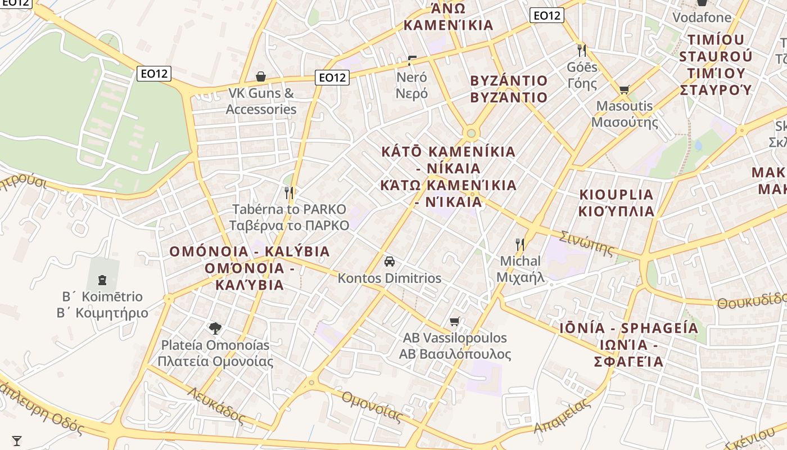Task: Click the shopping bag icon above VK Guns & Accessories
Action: click(261, 76)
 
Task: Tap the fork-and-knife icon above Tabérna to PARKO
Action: click(289, 193)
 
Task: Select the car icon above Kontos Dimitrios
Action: click(390, 262)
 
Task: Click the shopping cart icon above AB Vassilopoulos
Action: click(455, 322)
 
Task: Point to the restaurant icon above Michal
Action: click(520, 245)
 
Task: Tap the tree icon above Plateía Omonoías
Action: click(215, 328)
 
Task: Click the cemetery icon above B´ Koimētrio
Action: click(102, 280)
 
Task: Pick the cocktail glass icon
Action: click(17, 440)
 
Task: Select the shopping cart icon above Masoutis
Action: click(624, 89)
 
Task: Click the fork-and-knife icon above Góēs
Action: click(582, 51)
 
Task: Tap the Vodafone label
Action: click(702, 17)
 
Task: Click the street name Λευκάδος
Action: click(216, 405)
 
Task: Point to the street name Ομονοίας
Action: click(372, 406)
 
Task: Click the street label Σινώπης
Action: click(587, 243)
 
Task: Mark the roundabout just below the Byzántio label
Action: click(471, 134)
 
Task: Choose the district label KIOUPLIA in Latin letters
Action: click(617, 195)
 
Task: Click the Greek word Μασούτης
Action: click(625, 121)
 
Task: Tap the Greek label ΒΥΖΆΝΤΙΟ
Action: click(509, 97)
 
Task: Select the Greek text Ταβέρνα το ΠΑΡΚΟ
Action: click(289, 226)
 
